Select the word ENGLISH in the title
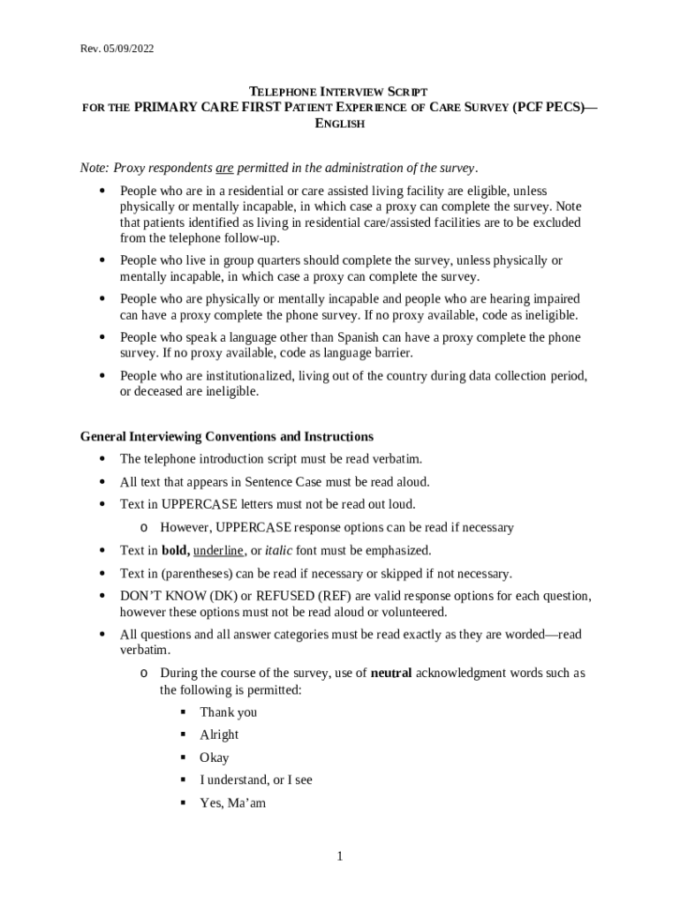(x=340, y=124)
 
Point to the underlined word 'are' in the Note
(x=224, y=169)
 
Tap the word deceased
(x=159, y=392)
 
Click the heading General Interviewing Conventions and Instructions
(x=227, y=437)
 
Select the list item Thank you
(x=228, y=712)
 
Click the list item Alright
(x=219, y=734)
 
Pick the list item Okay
(x=214, y=757)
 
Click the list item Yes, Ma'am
(x=232, y=803)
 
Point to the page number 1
(x=339, y=857)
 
